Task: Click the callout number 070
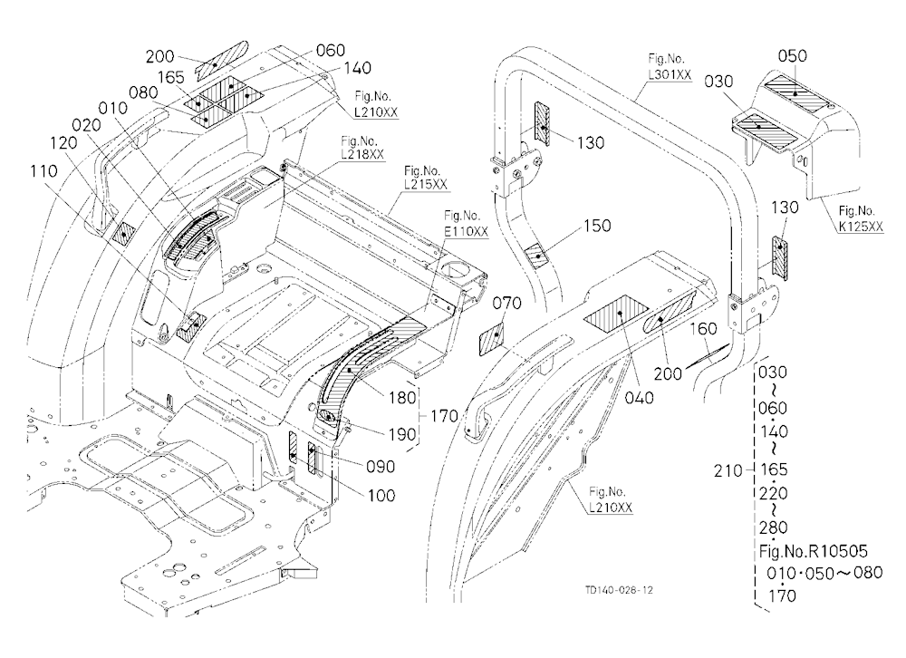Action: tap(506, 303)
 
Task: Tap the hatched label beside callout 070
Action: tap(492, 339)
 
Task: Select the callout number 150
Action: tap(597, 226)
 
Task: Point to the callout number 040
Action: tap(639, 398)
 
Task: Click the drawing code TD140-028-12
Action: tap(619, 590)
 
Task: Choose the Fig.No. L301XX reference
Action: tap(670, 66)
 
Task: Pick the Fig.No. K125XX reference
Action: tap(861, 219)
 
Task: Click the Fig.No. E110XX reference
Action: tap(466, 224)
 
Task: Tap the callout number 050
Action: tap(792, 56)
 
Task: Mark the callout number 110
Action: tap(43, 170)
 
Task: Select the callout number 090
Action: tap(381, 467)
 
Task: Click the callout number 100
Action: tap(381, 495)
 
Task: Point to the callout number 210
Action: tap(728, 471)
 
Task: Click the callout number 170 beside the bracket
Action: tap(444, 416)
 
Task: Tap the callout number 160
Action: tap(703, 328)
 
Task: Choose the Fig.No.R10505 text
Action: tap(814, 551)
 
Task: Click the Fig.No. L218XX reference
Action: tap(362, 149)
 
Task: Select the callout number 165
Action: tap(171, 77)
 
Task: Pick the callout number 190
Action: tap(402, 434)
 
